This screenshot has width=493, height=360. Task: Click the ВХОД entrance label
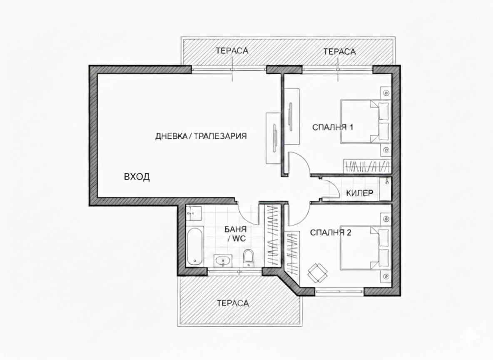(x=137, y=177)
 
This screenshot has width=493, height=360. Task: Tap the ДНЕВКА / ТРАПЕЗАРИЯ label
(x=201, y=136)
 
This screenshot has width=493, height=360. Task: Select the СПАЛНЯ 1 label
(x=333, y=127)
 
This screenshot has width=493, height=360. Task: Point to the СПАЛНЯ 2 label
(x=331, y=232)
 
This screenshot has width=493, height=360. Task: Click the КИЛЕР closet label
(x=360, y=193)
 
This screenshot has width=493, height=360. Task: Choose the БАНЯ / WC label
(x=236, y=234)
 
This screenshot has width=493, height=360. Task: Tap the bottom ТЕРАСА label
(x=233, y=303)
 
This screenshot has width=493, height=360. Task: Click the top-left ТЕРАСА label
(x=232, y=50)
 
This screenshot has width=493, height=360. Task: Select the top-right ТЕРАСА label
(x=340, y=51)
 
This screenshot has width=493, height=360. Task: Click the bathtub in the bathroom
(x=195, y=247)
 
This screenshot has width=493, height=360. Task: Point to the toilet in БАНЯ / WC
(x=249, y=258)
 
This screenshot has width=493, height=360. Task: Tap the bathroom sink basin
(x=223, y=260)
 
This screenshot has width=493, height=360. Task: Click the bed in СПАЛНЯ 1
(x=365, y=122)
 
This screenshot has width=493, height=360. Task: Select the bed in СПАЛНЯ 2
(x=365, y=247)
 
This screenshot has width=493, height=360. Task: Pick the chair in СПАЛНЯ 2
(x=317, y=272)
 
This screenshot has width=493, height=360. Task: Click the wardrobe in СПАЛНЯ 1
(x=366, y=167)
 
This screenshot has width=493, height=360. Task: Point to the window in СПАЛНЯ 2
(x=340, y=292)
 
